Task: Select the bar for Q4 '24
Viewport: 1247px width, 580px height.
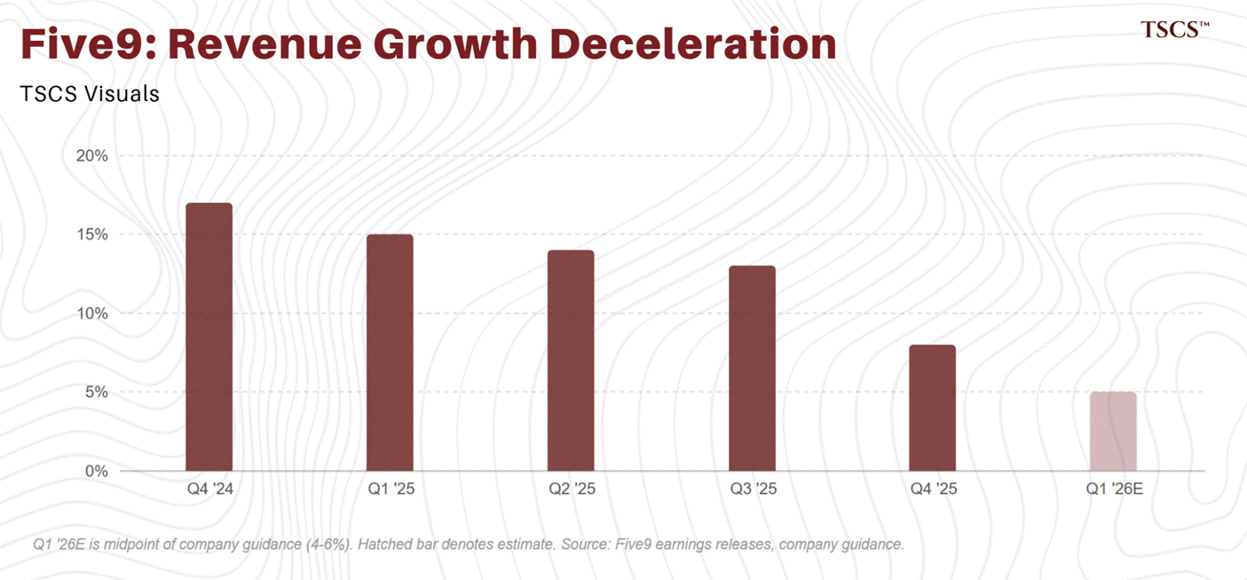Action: pyautogui.click(x=209, y=337)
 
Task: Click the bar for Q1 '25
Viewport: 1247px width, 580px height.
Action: pyautogui.click(x=390, y=353)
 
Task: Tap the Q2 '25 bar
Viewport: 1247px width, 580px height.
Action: pyautogui.click(x=571, y=360)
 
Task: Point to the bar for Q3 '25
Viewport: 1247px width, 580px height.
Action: pyautogui.click(x=752, y=368)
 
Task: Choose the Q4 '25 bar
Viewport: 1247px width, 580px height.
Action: pyautogui.click(x=933, y=408)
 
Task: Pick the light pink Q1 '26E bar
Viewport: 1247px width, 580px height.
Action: pyautogui.click(x=1113, y=432)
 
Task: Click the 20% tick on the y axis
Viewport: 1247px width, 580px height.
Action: pyautogui.click(x=91, y=156)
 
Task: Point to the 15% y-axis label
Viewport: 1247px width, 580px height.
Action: pyautogui.click(x=91, y=235)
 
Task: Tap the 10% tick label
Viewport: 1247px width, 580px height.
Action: pyautogui.click(x=91, y=314)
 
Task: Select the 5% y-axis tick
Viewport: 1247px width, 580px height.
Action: pyautogui.click(x=97, y=393)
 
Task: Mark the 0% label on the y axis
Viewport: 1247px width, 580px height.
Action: pyautogui.click(x=97, y=472)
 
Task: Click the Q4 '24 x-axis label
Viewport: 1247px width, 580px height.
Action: pyautogui.click(x=209, y=489)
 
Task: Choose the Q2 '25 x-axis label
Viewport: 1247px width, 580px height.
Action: pyautogui.click(x=572, y=489)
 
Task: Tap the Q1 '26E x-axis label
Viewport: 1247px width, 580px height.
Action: pyautogui.click(x=1114, y=489)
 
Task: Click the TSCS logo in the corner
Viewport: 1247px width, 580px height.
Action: pyautogui.click(x=1174, y=29)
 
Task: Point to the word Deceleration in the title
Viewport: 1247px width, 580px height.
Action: pyautogui.click(x=693, y=44)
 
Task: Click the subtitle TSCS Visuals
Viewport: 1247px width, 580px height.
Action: pyautogui.click(x=90, y=94)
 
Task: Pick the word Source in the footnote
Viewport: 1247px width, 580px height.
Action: pyautogui.click(x=585, y=544)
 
